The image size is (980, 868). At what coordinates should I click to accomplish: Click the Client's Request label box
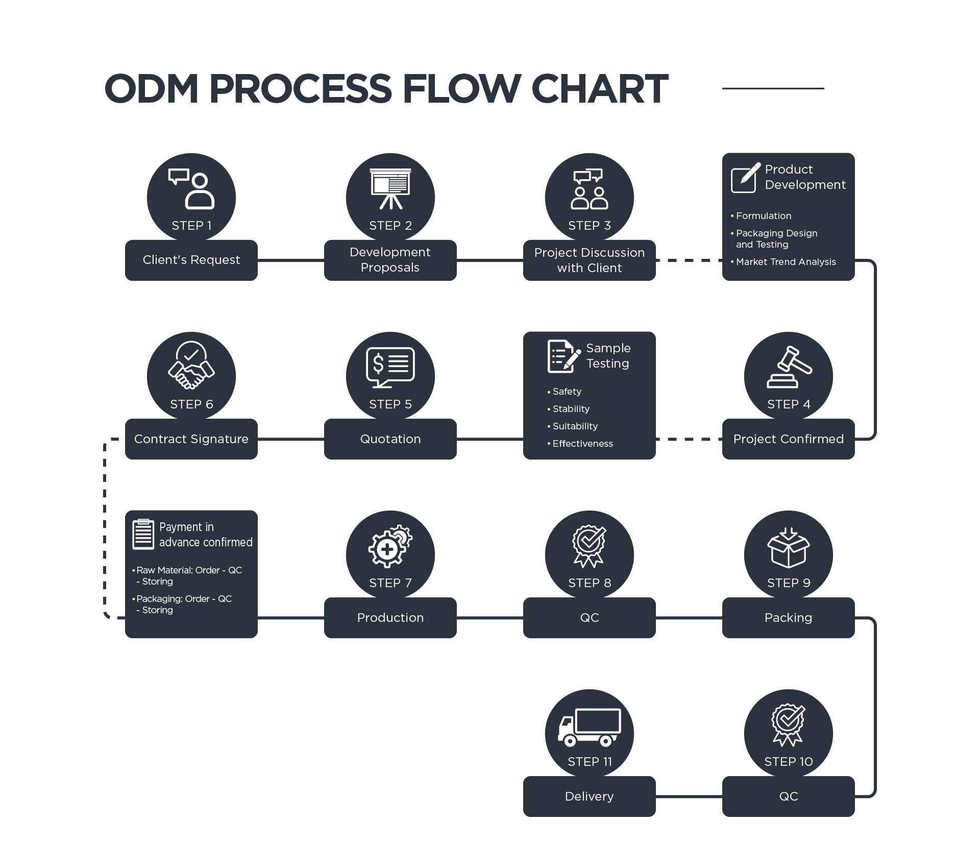(x=191, y=260)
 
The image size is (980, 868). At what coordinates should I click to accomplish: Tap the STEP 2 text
(x=390, y=226)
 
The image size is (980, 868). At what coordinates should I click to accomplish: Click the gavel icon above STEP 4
(x=789, y=367)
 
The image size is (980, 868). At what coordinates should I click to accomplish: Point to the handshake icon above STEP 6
(x=191, y=365)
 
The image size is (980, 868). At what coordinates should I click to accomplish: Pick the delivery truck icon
(x=590, y=728)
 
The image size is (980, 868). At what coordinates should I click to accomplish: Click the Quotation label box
(x=390, y=439)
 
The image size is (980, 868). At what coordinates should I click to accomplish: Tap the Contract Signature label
(x=191, y=439)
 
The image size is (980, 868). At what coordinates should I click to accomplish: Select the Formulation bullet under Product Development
(x=761, y=216)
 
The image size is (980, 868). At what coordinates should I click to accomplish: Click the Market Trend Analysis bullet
(x=783, y=262)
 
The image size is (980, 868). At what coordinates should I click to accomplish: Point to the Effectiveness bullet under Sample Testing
(x=580, y=444)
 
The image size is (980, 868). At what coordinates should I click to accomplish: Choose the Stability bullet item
(x=568, y=409)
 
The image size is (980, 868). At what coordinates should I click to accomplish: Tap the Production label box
(x=390, y=618)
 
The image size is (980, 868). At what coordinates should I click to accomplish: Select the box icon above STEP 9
(x=789, y=547)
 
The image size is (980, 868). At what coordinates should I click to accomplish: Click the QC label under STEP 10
(x=789, y=797)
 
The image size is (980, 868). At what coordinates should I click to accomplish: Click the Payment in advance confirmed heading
(x=206, y=535)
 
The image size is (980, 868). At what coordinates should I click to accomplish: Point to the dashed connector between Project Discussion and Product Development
(x=689, y=260)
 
